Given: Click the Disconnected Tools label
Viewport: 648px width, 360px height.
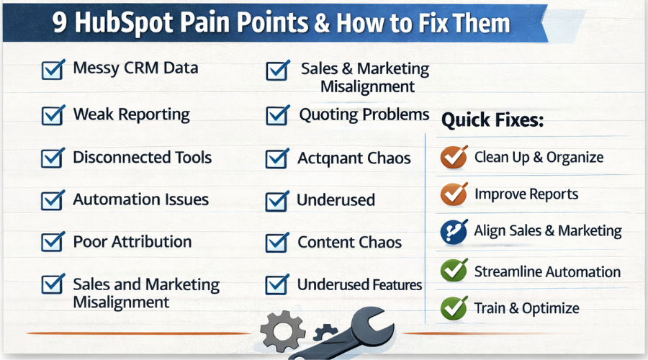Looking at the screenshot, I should coord(142,157).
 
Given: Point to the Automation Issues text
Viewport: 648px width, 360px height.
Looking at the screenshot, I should coord(140,199).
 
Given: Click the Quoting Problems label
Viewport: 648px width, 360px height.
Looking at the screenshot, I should coord(364,114).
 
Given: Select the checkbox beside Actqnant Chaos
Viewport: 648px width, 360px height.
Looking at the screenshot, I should coord(276,158).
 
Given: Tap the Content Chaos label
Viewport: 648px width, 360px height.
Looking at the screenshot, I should coord(349,242).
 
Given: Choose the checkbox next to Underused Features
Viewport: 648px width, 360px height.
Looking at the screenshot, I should coord(276,285).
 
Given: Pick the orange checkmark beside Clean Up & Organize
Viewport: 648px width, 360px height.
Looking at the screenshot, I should coord(453,157).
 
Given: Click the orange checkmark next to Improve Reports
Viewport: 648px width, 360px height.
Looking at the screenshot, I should coord(453,194).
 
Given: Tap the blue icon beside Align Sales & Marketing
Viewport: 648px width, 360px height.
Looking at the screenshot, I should coord(453,232).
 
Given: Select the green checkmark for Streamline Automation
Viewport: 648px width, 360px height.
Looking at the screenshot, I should coord(453,271).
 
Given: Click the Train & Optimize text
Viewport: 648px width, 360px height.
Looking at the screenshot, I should coord(526,308).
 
